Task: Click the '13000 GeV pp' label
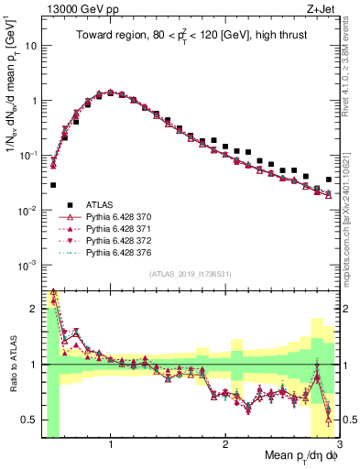pyautogui.click(x=72, y=9)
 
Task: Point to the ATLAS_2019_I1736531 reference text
pyautogui.click(x=191, y=275)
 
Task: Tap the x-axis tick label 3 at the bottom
pyautogui.click(x=339, y=443)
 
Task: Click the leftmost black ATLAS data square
pyautogui.click(x=53, y=185)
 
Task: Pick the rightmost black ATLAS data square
pyautogui.click(x=328, y=180)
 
